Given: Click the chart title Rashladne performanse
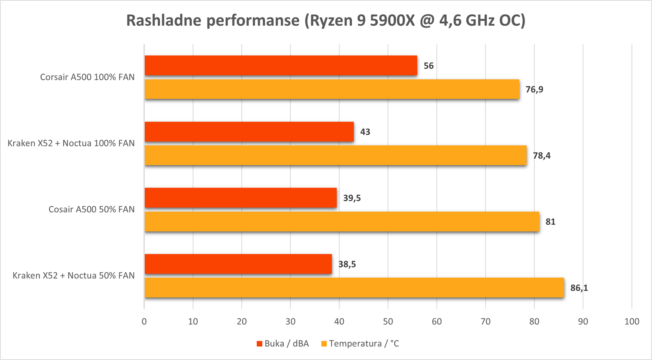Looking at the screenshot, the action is point(213,20).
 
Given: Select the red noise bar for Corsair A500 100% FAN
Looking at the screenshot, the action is point(281,65).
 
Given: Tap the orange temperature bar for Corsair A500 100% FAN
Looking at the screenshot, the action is point(332,89).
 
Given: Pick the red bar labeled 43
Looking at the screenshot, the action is point(249,132).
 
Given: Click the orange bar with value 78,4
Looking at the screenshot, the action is point(336,155).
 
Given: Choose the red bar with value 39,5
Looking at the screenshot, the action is point(241,198).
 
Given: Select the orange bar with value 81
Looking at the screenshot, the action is point(342,222).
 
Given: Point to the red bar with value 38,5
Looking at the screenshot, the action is point(238,264).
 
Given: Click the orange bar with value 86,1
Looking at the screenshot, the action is point(355,288).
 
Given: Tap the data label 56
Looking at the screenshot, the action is point(428,66).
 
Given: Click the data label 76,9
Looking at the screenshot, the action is point(534,89).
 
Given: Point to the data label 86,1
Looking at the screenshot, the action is point(579,288).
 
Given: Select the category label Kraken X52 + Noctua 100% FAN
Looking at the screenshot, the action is point(71,143).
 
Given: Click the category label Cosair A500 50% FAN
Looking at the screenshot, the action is point(92,210).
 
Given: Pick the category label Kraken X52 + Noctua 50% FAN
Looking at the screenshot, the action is point(74,276).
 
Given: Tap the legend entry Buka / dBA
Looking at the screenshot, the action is point(283,344).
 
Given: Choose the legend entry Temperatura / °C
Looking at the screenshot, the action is point(360,344).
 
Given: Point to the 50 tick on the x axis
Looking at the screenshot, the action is point(388,322).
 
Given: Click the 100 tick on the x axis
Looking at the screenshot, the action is point(632,322).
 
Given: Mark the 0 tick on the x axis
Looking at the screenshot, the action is point(144,322).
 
